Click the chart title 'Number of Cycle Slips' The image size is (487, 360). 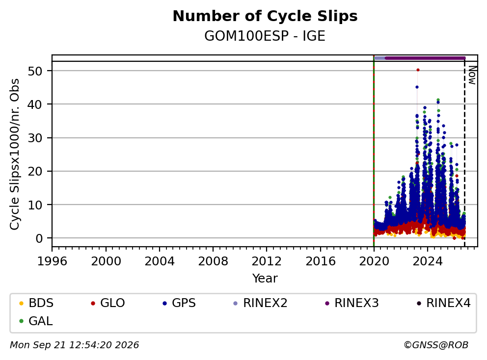point(265,16)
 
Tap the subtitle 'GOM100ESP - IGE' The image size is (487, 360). point(265,36)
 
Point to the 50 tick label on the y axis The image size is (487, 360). point(35,71)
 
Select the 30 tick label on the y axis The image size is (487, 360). point(35,138)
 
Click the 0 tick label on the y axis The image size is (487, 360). point(39,238)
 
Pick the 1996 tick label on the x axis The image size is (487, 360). point(52,261)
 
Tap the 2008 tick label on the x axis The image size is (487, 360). point(213,261)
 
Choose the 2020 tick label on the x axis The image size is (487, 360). point(374,261)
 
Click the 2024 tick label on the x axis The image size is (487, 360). point(428,261)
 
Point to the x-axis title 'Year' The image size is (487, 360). point(265,279)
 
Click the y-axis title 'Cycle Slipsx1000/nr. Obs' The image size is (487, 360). point(15,154)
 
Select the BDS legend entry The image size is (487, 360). point(36,303)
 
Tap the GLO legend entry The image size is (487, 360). point(108,303)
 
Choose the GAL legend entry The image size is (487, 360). point(36,321)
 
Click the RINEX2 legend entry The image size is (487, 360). point(260,303)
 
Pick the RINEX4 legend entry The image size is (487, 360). point(443,303)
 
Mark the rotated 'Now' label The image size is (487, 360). point(472,75)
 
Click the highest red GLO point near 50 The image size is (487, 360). point(418,70)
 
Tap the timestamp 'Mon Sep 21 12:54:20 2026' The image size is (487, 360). point(75,345)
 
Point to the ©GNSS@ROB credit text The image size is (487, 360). point(436,345)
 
